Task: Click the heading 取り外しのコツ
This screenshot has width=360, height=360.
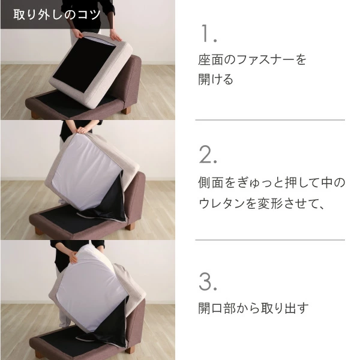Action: click(x=57, y=14)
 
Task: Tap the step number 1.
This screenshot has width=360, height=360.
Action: click(x=208, y=34)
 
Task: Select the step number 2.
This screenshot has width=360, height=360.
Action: click(x=208, y=155)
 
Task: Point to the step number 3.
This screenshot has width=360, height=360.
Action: click(x=208, y=282)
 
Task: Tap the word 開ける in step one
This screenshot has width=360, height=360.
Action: click(x=216, y=79)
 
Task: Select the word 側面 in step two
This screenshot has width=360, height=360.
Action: click(x=211, y=183)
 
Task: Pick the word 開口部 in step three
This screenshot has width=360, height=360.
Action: click(x=217, y=308)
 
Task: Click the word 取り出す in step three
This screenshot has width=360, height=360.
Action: click(x=284, y=308)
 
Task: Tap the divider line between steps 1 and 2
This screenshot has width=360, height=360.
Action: click(x=270, y=120)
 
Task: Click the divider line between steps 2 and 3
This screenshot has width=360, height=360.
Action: click(x=270, y=240)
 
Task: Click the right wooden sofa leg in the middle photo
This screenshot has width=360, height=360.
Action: click(x=130, y=227)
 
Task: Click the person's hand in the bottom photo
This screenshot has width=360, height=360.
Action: click(x=73, y=257)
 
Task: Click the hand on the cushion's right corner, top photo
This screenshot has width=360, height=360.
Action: click(x=115, y=36)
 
